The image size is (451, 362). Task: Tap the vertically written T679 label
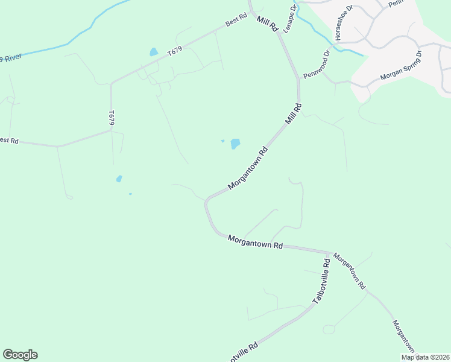(x=112, y=118)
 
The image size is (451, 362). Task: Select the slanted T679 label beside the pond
(x=174, y=52)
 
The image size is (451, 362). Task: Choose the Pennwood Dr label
(x=317, y=64)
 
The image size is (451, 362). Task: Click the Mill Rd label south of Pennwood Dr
(x=293, y=114)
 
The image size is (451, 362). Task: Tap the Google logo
(x=20, y=355)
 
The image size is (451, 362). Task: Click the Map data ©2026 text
(x=425, y=357)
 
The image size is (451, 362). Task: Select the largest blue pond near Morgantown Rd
(x=235, y=144)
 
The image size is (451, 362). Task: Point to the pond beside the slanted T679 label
(x=154, y=52)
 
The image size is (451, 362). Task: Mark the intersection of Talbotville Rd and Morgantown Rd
(x=329, y=252)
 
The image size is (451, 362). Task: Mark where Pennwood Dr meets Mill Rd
(x=298, y=78)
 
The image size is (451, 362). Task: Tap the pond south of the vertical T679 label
(x=119, y=179)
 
